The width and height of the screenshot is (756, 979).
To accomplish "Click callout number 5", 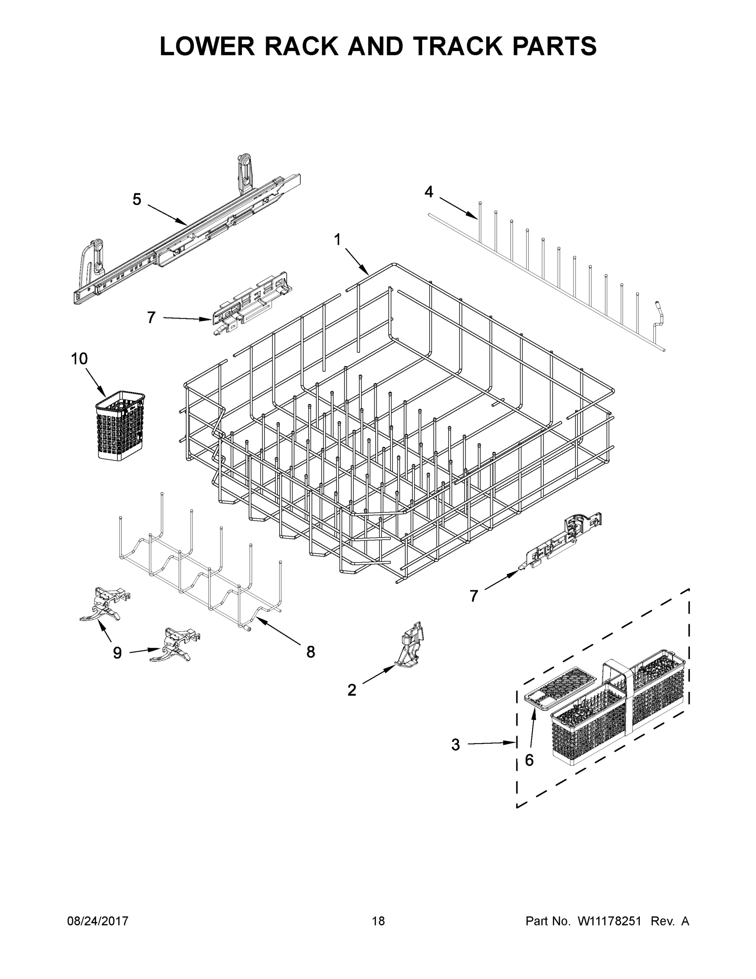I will [x=137, y=199].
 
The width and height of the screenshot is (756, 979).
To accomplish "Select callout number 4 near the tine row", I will [x=429, y=192].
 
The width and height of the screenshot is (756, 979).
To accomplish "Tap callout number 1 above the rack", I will [x=337, y=240].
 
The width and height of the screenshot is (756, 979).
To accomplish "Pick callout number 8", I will [x=311, y=652].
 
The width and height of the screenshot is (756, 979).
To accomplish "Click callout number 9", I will [x=117, y=653].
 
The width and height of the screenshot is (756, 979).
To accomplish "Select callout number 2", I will [x=352, y=690].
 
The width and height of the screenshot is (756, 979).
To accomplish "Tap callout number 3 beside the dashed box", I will [x=456, y=745].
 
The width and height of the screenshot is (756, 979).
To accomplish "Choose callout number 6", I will [x=529, y=760].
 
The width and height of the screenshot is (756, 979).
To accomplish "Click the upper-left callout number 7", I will [x=151, y=318].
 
